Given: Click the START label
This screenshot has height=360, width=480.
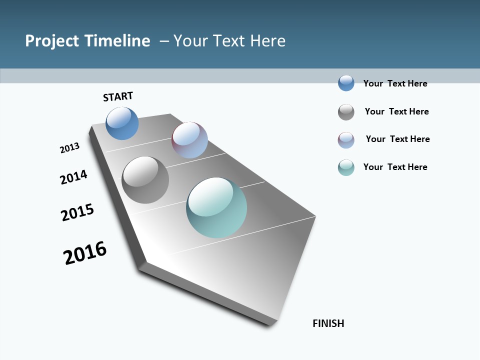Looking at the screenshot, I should [118, 96].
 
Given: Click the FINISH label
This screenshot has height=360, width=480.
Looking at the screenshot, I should [328, 323].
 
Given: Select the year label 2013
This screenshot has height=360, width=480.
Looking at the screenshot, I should [70, 148].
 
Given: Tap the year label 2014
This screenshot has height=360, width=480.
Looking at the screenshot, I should [74, 177].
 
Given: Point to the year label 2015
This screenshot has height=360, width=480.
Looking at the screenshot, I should [77, 212].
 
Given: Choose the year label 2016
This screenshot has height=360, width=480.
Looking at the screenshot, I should [85, 253].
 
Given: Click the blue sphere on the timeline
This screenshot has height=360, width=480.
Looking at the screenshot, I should [122, 123].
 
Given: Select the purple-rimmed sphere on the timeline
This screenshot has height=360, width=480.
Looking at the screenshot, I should [189, 139].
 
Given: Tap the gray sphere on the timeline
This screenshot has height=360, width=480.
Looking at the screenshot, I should [145, 180].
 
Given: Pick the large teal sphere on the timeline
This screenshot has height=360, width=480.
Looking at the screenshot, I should [216, 207].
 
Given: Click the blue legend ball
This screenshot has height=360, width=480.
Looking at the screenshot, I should [346, 83].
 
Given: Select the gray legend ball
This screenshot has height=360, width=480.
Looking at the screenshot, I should [346, 112].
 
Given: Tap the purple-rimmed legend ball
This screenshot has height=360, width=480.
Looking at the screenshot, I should [346, 140].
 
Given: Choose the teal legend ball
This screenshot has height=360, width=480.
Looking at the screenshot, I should [346, 167].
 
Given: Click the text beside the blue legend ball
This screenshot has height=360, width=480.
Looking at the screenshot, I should [395, 83].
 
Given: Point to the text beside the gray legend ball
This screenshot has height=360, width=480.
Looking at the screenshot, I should [396, 111].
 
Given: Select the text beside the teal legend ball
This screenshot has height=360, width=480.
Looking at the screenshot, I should [395, 167].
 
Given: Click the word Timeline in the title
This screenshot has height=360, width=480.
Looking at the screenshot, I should [118, 41].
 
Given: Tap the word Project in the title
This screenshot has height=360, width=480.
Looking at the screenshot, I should [52, 41].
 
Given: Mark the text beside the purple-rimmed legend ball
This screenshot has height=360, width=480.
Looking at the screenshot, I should [397, 139].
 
